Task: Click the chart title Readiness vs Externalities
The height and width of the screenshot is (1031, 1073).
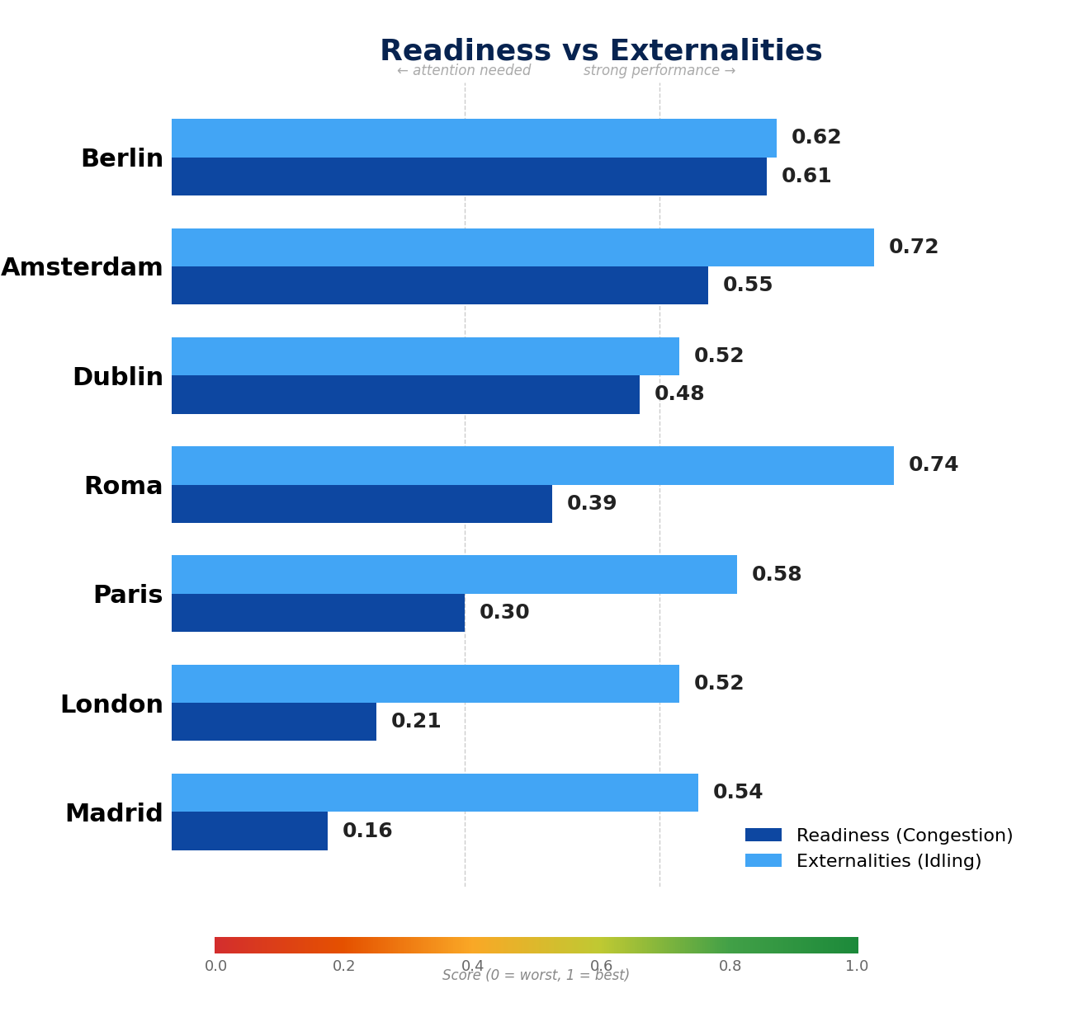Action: tap(601, 51)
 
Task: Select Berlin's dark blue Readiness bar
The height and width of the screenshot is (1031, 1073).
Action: tap(469, 177)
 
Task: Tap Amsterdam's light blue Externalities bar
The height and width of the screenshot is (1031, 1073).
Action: tap(522, 247)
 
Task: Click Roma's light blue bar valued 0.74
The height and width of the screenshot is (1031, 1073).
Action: tap(532, 465)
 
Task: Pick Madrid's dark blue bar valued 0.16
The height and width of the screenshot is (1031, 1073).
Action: tap(249, 831)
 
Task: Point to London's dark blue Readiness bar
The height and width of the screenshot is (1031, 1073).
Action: tap(274, 722)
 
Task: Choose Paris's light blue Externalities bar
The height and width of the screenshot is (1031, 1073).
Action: tap(454, 574)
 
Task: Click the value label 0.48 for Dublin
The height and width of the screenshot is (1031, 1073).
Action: tap(679, 394)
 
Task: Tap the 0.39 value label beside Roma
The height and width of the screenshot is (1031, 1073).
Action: tap(592, 504)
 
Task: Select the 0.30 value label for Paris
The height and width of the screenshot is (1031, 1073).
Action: tap(504, 613)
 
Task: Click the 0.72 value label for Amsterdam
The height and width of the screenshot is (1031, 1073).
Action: tap(914, 247)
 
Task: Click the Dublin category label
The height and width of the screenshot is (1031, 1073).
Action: tap(118, 378)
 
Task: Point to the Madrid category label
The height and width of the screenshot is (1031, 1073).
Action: tap(114, 814)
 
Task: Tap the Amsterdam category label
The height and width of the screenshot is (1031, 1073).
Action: tap(82, 268)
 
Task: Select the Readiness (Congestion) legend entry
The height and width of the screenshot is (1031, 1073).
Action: tap(879, 836)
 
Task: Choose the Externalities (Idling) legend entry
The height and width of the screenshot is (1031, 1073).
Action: tap(863, 861)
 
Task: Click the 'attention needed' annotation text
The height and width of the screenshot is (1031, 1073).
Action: tap(464, 71)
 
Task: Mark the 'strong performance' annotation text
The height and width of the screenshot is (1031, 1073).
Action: tap(659, 71)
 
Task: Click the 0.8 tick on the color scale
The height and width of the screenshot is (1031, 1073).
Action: tap(730, 966)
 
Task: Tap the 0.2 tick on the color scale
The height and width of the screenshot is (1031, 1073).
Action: tap(344, 966)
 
